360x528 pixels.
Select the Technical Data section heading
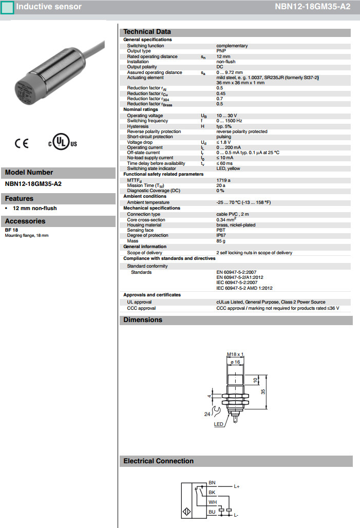click(x=147, y=32)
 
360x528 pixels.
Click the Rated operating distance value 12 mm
click(x=223, y=56)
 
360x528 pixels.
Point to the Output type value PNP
click(x=221, y=51)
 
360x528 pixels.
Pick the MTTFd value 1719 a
click(x=223, y=180)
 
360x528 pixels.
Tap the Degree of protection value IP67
click(x=221, y=235)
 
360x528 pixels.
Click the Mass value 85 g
click(x=221, y=241)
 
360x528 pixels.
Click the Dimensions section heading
click(x=142, y=320)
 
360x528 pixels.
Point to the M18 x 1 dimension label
click(x=235, y=354)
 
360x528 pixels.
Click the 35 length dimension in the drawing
click(x=263, y=391)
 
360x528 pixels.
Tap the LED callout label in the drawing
click(x=219, y=424)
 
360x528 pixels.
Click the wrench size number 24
click(x=207, y=414)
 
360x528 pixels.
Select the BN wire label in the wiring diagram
click(x=212, y=483)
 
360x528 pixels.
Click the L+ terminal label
click(x=237, y=486)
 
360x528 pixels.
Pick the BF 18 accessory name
click(x=11, y=230)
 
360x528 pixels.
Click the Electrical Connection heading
click(x=158, y=461)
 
